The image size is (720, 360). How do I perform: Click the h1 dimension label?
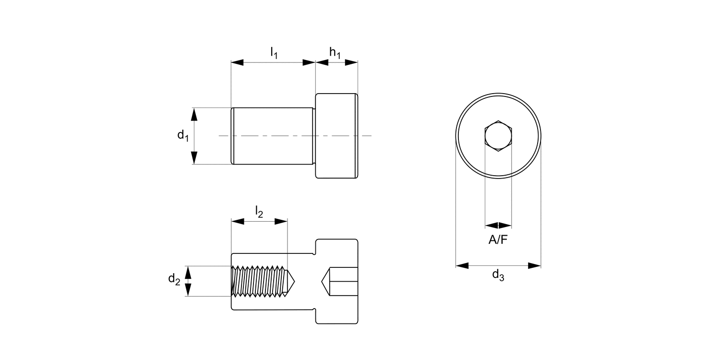[335, 53]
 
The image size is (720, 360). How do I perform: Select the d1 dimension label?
[182, 136]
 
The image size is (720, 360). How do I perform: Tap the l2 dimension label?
[259, 212]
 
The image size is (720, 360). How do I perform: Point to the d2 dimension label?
[174, 279]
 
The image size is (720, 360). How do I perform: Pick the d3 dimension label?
[498, 276]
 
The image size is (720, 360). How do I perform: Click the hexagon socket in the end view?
[498, 136]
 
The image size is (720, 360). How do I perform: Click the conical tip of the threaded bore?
[291, 281]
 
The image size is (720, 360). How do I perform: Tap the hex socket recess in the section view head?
[341, 281]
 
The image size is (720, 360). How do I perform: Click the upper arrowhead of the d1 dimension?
[194, 114]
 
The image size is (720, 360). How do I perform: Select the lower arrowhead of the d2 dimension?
[188, 290]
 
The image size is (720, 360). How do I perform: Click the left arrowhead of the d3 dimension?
[462, 265]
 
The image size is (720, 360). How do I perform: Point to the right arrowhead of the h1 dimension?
[352, 62]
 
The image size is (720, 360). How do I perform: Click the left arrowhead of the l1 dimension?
[238, 62]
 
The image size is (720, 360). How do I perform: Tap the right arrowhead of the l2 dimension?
[281, 221]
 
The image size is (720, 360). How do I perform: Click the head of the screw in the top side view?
[336, 136]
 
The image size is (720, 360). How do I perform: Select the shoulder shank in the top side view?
[272, 136]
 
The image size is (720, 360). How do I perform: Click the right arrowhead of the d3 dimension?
[534, 265]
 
